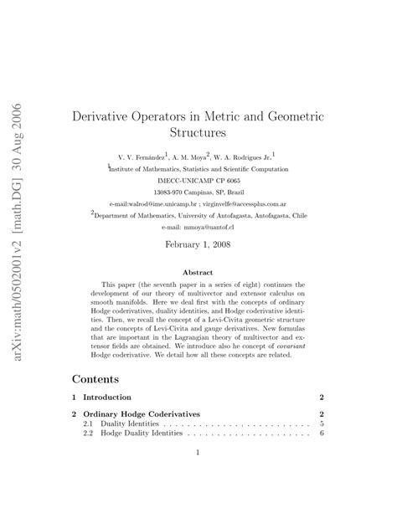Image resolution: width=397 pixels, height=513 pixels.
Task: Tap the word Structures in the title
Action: click(x=198, y=132)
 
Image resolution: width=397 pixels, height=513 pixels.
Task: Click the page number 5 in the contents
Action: click(x=322, y=424)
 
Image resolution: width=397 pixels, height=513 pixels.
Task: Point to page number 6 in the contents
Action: click(x=322, y=434)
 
